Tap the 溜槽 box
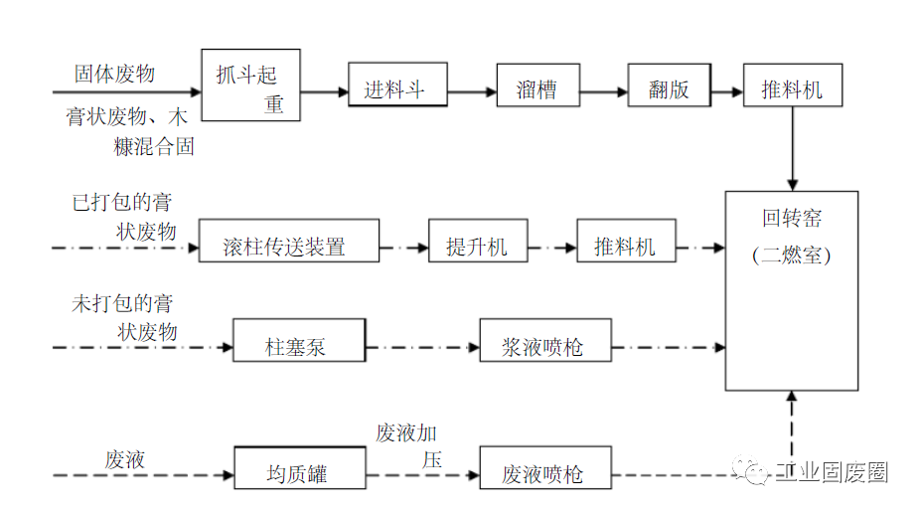click(537, 88)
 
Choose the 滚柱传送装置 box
click(288, 243)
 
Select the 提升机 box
click(477, 243)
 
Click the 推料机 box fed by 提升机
click(626, 243)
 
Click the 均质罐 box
click(298, 469)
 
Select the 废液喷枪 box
click(544, 470)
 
